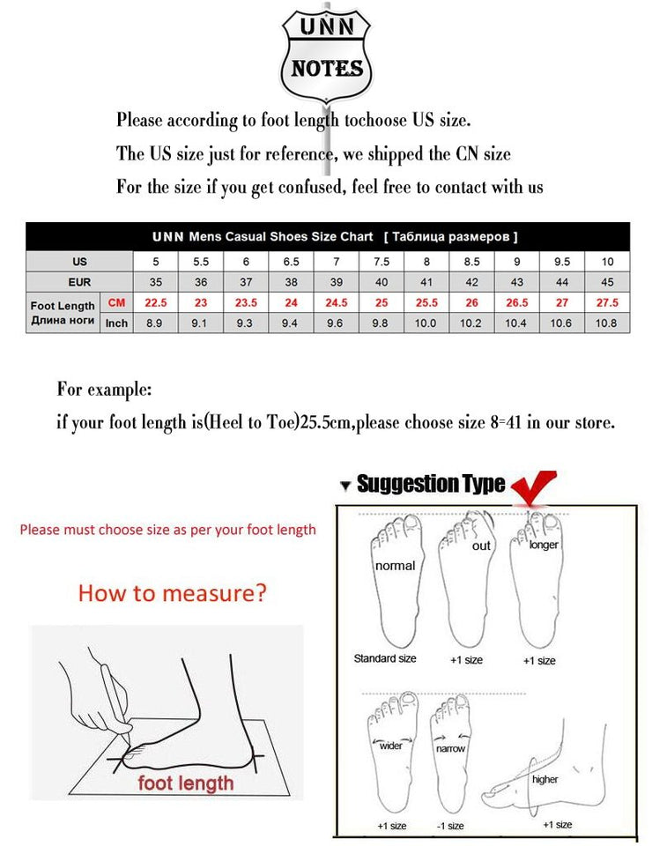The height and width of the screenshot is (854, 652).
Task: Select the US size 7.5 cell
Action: tap(382, 262)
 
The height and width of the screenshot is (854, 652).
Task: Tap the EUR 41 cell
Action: tap(426, 282)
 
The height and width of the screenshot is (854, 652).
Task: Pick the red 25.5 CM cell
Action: tap(426, 302)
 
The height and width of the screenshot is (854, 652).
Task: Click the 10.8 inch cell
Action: tap(607, 323)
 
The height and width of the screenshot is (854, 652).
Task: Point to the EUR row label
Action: tap(79, 282)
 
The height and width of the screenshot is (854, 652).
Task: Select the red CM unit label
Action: tap(116, 302)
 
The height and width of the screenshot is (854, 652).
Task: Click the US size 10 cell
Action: tap(607, 262)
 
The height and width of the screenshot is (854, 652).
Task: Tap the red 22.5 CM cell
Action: tap(155, 302)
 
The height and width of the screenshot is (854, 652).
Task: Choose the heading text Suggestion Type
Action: tap(431, 484)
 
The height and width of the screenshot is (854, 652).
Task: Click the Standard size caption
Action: tap(385, 658)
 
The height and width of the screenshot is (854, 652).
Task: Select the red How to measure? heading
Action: tap(172, 592)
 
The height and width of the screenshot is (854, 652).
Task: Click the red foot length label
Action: tap(185, 783)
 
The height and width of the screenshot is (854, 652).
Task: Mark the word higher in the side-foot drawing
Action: tap(545, 779)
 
